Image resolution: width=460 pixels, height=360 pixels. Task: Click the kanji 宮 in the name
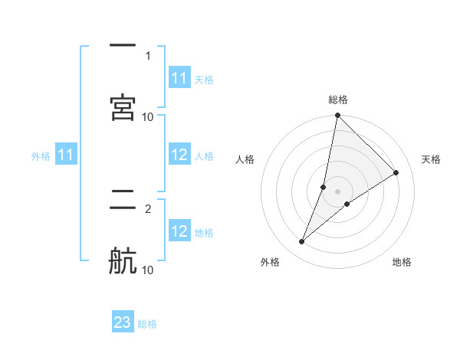tap(123, 107)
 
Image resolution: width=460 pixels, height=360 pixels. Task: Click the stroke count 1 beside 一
tap(147, 56)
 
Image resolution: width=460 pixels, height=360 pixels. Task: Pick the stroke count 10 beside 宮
tap(148, 116)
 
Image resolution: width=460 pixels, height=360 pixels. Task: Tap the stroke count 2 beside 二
tap(147, 208)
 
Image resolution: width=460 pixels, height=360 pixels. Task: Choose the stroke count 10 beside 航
tap(148, 270)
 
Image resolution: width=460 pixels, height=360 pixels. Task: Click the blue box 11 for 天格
tap(179, 78)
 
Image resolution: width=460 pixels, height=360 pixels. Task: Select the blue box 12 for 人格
tap(179, 155)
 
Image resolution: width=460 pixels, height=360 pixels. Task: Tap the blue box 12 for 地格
tap(179, 231)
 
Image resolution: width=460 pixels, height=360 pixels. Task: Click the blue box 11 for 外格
tap(66, 155)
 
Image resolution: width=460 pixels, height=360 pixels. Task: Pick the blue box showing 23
tap(123, 322)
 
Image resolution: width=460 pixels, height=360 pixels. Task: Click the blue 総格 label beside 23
tap(147, 324)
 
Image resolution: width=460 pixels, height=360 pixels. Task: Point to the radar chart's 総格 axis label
tap(338, 100)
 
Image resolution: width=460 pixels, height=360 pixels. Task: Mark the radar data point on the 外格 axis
tap(302, 242)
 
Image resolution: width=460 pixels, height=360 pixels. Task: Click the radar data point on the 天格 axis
tap(396, 172)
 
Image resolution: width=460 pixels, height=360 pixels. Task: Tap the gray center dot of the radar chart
tap(338, 191)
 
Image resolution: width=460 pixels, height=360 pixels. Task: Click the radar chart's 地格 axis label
tap(402, 262)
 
